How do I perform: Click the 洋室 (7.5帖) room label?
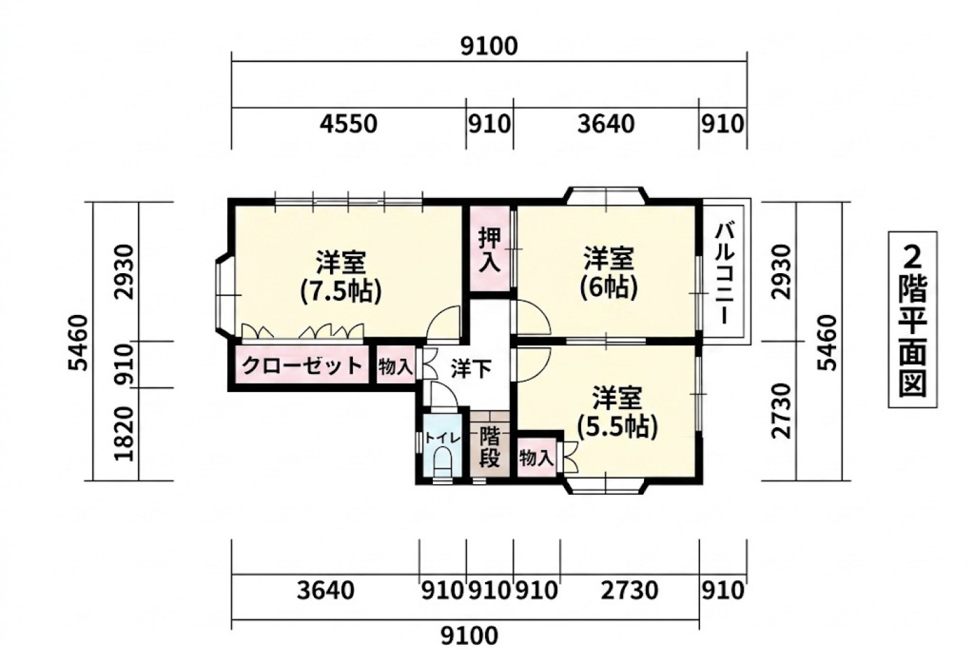pyautogui.click(x=342, y=277)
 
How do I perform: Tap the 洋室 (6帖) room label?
pyautogui.click(x=609, y=273)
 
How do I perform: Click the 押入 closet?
pyautogui.click(x=490, y=249)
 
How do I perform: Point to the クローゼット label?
pyautogui.click(x=302, y=366)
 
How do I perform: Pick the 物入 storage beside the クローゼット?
pyautogui.click(x=395, y=366)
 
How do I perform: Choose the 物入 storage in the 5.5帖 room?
pyautogui.click(x=536, y=457)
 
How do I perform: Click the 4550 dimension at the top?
pyautogui.click(x=349, y=124)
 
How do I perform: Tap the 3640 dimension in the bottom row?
pyautogui.click(x=326, y=591)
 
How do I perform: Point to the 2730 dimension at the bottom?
pyautogui.click(x=630, y=591)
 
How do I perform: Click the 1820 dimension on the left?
pyautogui.click(x=124, y=434)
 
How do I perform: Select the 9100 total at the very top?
pyautogui.click(x=490, y=47)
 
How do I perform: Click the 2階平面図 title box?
pyautogui.click(x=912, y=320)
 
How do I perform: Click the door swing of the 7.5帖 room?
pyautogui.click(x=443, y=322)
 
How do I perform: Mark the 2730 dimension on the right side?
pyautogui.click(x=781, y=411)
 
